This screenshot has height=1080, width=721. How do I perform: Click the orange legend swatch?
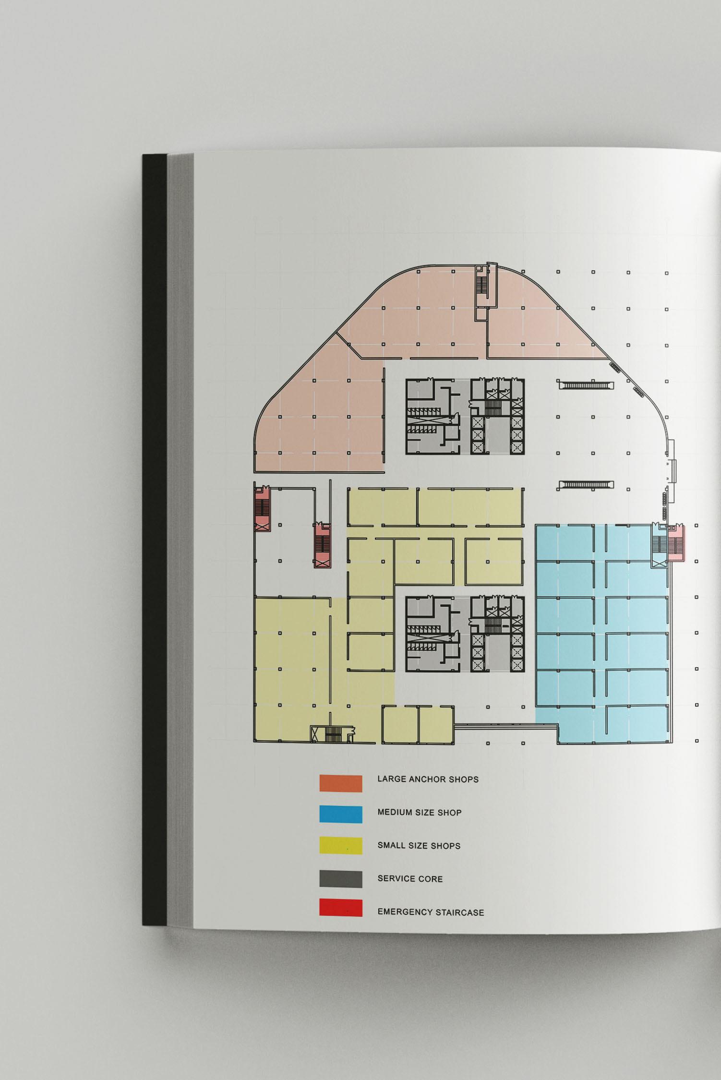pos(341,783)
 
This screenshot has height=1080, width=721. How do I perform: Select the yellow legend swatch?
pos(341,846)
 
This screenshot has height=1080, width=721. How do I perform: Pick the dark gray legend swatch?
pos(341,879)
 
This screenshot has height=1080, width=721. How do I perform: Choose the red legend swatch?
pos(341,908)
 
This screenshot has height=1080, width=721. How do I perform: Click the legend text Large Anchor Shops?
pos(428,779)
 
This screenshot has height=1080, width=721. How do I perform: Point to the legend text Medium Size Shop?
pos(419,813)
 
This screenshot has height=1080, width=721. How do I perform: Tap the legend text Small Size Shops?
pos(419,846)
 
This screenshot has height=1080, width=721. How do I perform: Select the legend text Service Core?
pos(410,879)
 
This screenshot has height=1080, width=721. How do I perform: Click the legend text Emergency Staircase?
pos(431,912)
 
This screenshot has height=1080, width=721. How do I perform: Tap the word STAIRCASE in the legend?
pos(460,912)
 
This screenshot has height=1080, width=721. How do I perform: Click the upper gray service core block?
pos(465,417)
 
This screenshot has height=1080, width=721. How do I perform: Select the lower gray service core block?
pos(465,634)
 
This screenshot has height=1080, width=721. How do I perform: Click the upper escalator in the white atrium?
pos(586,385)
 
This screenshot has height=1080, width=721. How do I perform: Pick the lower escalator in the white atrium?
pos(586,485)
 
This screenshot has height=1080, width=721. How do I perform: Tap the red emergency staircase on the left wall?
pos(262,508)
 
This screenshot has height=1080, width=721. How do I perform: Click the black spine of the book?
pos(154,538)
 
